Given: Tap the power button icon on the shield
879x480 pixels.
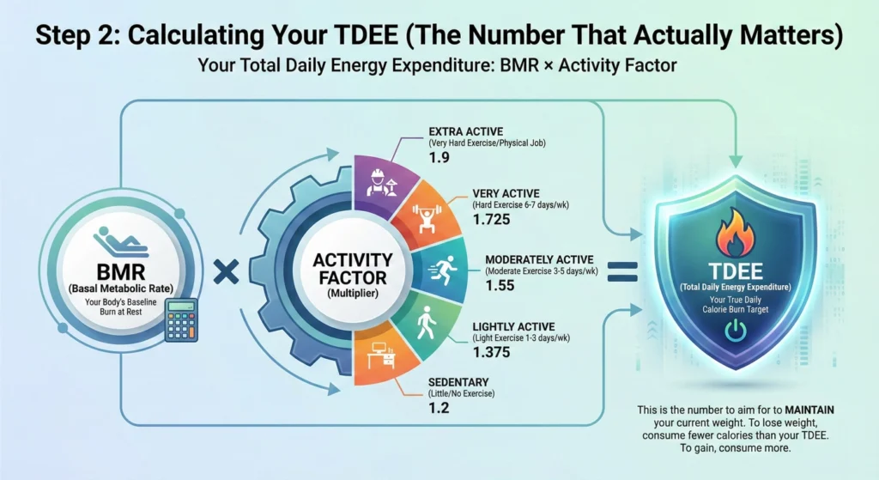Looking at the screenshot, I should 735,331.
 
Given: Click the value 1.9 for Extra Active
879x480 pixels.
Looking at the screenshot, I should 440,159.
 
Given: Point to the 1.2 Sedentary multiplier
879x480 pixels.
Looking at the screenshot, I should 439,410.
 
